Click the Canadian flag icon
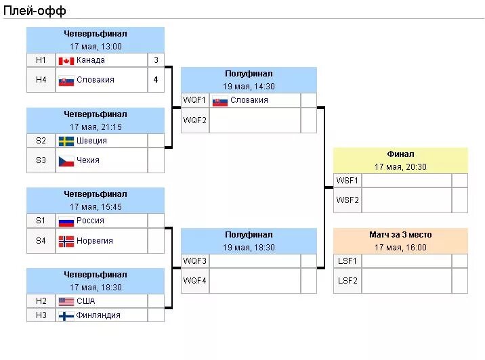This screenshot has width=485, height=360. pos(66,60)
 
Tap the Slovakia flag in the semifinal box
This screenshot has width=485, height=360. pos(219,101)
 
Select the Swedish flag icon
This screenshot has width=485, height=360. pos(66,141)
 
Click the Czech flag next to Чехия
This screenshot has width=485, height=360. pos(66,160)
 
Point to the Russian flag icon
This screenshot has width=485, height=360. pos(66,221)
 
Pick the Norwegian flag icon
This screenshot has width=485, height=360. pos(66,241)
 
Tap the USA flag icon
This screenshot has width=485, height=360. pos(66,301)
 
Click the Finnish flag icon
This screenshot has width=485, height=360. pos(66,315)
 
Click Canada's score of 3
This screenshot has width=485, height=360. pos(156,60)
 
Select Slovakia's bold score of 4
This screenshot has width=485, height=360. pos(156,80)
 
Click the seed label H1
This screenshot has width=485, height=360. pos(41,60)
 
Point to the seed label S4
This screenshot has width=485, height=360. pos(41,241)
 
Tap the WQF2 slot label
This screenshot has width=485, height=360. pos(194,120)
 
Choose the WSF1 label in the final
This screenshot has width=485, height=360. pos(347,180)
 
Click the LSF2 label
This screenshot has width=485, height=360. pos(347,280)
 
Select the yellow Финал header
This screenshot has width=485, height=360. pos(400,154)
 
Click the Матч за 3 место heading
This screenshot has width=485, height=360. pos(400,235)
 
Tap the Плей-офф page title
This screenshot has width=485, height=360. pos(34,10)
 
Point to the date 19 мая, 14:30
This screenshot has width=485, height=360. pos(249,87)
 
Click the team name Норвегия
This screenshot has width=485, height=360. pos(95,241)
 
